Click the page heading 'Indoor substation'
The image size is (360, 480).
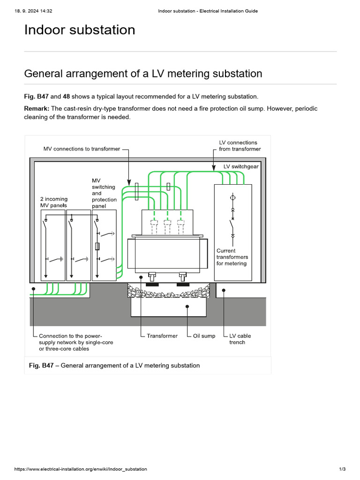80,30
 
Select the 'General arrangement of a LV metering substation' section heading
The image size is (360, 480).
143,74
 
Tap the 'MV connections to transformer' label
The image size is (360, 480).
82,149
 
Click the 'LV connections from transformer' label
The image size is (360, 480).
240,146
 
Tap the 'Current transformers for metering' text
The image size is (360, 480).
232,257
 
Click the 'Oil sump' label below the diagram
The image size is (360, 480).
204,336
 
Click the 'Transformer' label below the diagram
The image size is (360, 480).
162,336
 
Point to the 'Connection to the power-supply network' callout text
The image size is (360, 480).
75,342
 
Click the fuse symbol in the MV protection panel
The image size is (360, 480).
97,247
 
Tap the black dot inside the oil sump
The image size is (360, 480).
187,307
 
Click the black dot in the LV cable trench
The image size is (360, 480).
224,290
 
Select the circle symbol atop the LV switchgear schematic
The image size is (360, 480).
232,198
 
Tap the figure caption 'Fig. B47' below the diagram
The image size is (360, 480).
41,366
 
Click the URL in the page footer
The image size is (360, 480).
81,469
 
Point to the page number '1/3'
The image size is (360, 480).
342,469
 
